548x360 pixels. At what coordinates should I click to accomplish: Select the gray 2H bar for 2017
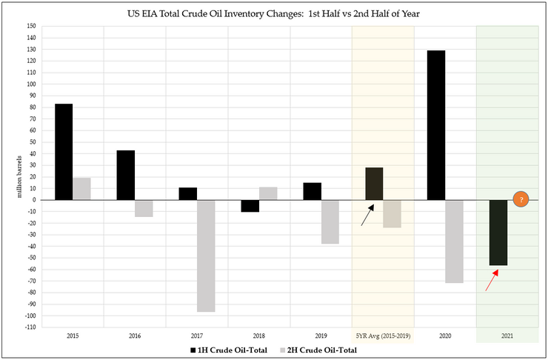206,256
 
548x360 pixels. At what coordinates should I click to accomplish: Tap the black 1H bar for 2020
436,125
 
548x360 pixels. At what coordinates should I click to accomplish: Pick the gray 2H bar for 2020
454,241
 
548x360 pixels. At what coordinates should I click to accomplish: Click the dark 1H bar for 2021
498,233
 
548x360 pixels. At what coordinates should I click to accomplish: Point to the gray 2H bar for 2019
330,221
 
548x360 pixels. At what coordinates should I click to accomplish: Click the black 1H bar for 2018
250,206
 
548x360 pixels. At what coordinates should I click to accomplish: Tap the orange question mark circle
521,199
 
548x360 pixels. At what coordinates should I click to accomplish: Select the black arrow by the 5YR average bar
367,215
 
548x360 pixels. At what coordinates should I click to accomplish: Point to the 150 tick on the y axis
30,26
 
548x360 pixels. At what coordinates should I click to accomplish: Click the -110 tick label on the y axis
29,327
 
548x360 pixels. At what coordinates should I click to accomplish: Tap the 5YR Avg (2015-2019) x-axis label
383,336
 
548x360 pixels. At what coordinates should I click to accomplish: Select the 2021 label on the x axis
507,336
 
